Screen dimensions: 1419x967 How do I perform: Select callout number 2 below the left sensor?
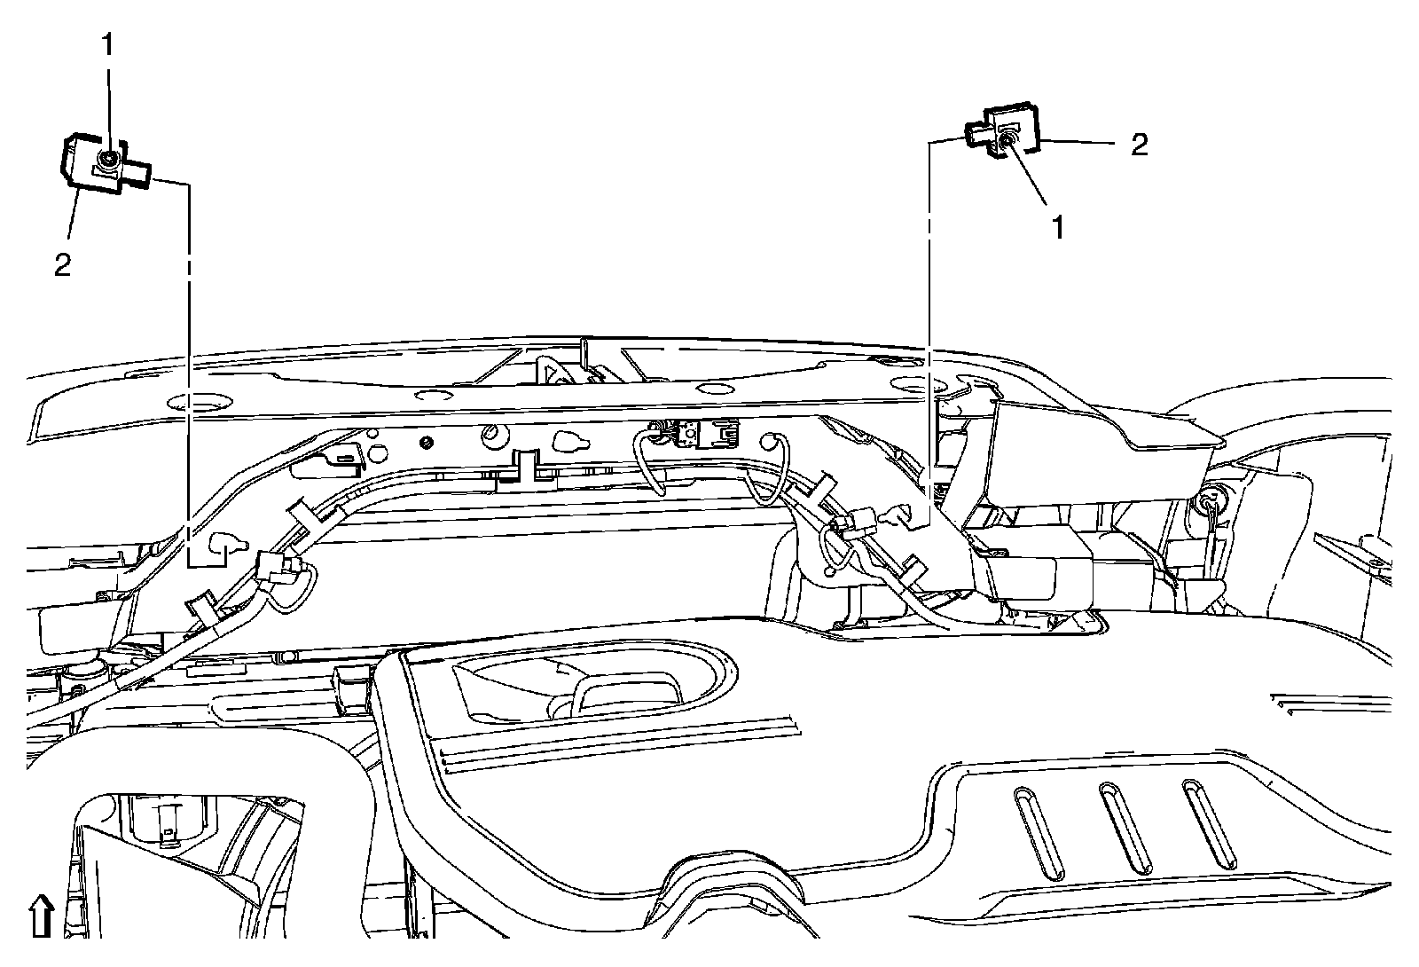click(x=62, y=265)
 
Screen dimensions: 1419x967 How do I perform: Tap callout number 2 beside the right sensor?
click(x=1139, y=145)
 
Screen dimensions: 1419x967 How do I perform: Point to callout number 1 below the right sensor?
click(x=1056, y=227)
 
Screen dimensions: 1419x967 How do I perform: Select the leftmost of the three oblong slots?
click(x=1031, y=833)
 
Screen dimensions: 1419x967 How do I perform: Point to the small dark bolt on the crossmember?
click(x=428, y=443)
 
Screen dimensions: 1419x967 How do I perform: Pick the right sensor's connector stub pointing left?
click(x=976, y=136)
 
